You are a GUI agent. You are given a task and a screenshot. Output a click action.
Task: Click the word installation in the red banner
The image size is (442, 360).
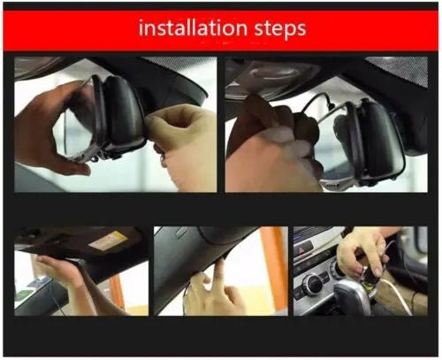[x=190, y=28]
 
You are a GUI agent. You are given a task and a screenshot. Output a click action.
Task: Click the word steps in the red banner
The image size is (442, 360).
[x=278, y=29]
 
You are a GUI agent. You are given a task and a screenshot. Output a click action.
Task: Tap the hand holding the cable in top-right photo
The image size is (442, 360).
[x=274, y=150]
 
